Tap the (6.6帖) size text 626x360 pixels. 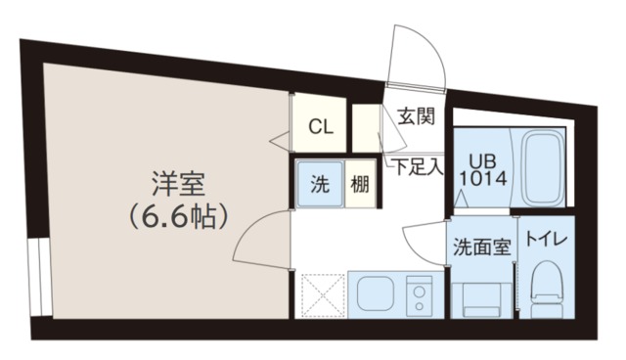(178, 214)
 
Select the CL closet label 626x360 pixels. (319, 126)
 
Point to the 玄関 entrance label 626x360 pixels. (416, 116)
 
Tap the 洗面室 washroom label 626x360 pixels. (481, 247)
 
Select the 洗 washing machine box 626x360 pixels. (320, 183)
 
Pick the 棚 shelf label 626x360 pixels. (360, 184)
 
